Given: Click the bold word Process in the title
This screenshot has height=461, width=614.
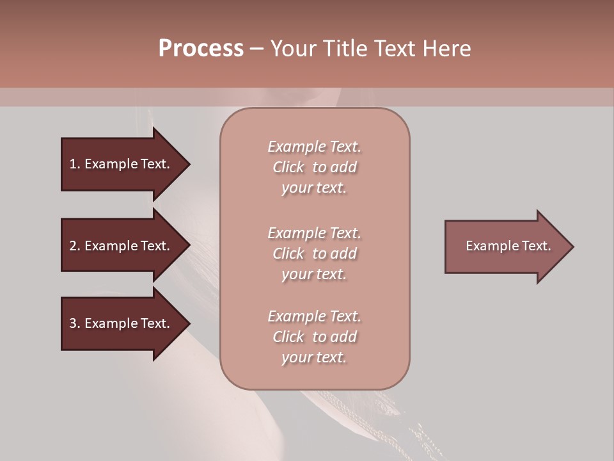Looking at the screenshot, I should point(201,49).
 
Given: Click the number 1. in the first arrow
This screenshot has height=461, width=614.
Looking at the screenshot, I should point(75,164).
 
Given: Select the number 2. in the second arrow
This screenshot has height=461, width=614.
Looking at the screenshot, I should point(75,246).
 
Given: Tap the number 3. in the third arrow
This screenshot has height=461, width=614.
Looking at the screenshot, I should point(75,323).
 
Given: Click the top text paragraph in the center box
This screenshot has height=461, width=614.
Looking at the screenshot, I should point(314,167).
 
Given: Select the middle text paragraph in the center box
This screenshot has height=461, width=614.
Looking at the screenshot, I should point(314,254).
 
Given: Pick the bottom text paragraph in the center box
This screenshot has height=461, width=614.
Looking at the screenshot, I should point(314,337).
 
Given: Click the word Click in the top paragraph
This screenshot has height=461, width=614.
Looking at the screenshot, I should point(288,167).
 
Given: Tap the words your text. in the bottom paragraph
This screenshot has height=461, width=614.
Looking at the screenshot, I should point(314,357).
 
